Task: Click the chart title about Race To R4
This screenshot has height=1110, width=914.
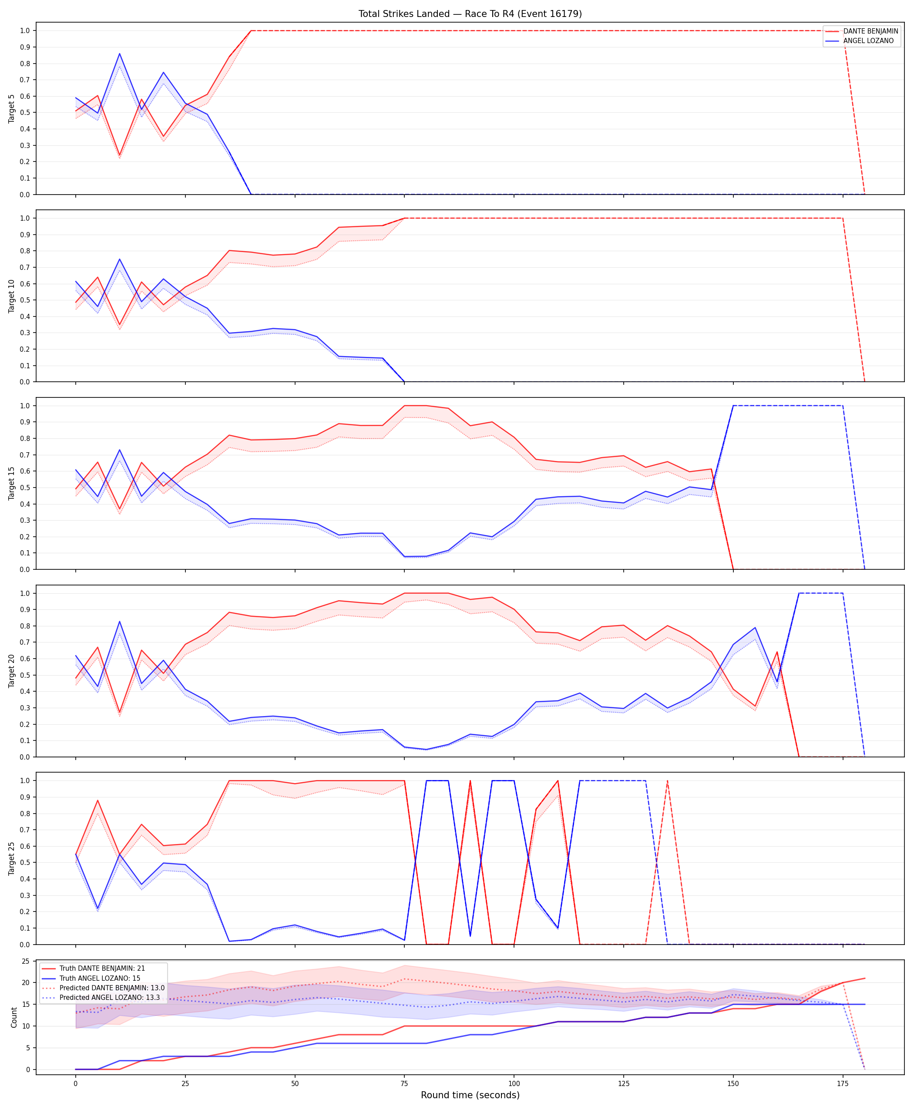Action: [x=470, y=13]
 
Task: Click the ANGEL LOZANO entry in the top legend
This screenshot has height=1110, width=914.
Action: [x=868, y=40]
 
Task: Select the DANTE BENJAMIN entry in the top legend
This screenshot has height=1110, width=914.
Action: [x=871, y=31]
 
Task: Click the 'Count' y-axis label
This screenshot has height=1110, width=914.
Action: [x=13, y=1017]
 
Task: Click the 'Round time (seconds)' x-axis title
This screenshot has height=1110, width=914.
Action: [x=470, y=1095]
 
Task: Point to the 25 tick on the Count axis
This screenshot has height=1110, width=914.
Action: [x=25, y=962]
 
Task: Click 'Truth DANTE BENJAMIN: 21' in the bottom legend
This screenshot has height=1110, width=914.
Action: [x=102, y=969]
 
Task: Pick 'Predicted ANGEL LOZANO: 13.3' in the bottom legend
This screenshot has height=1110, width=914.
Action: [x=110, y=997]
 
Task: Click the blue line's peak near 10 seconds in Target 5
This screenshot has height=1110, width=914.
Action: [x=120, y=53]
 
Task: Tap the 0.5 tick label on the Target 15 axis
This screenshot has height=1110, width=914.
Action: [x=25, y=488]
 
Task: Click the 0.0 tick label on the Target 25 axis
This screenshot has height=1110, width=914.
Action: [x=25, y=945]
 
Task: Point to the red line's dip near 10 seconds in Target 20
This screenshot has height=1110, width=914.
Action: [x=120, y=713]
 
